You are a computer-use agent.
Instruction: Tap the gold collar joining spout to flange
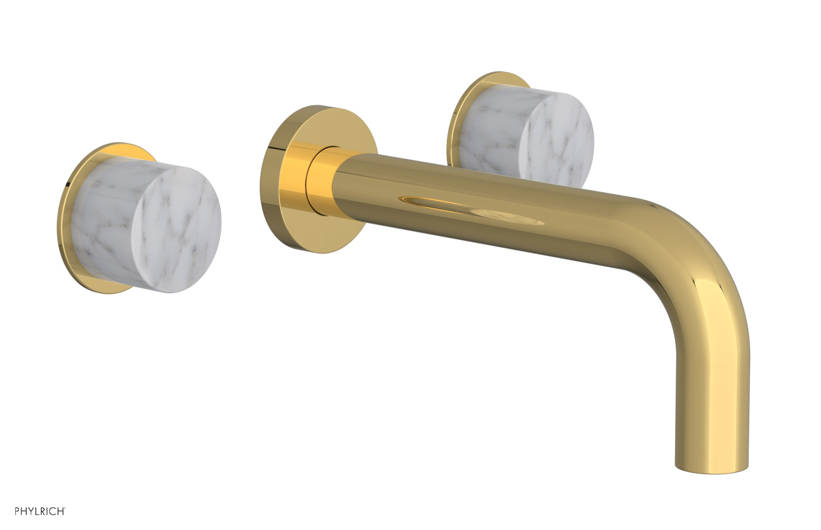(x=321, y=180)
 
